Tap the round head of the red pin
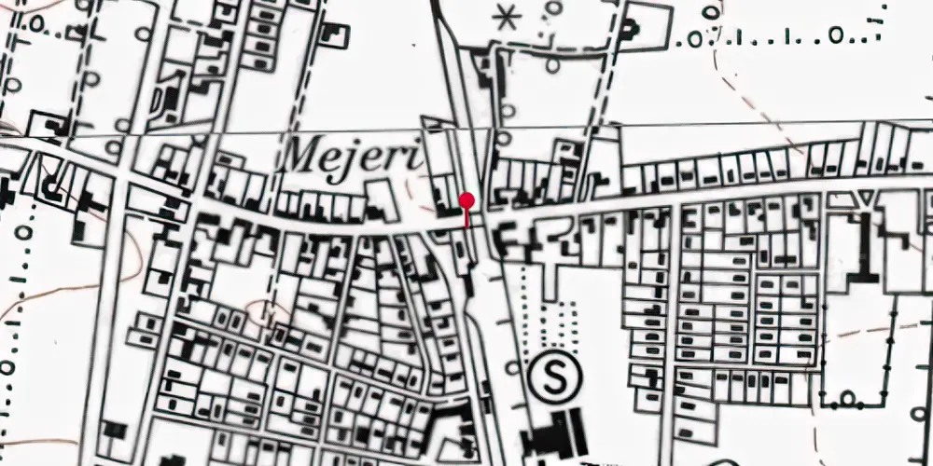466,200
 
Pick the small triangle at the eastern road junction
867,199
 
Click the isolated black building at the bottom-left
115,431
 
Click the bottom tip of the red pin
466,226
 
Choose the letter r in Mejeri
397,158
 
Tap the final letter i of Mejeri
414,156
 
